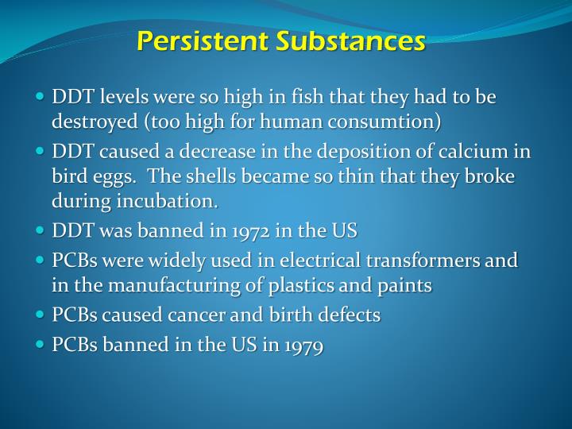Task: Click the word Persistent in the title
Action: (x=202, y=41)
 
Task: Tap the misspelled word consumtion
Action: (x=392, y=123)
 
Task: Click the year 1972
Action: (x=243, y=232)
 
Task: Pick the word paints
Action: (x=406, y=286)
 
